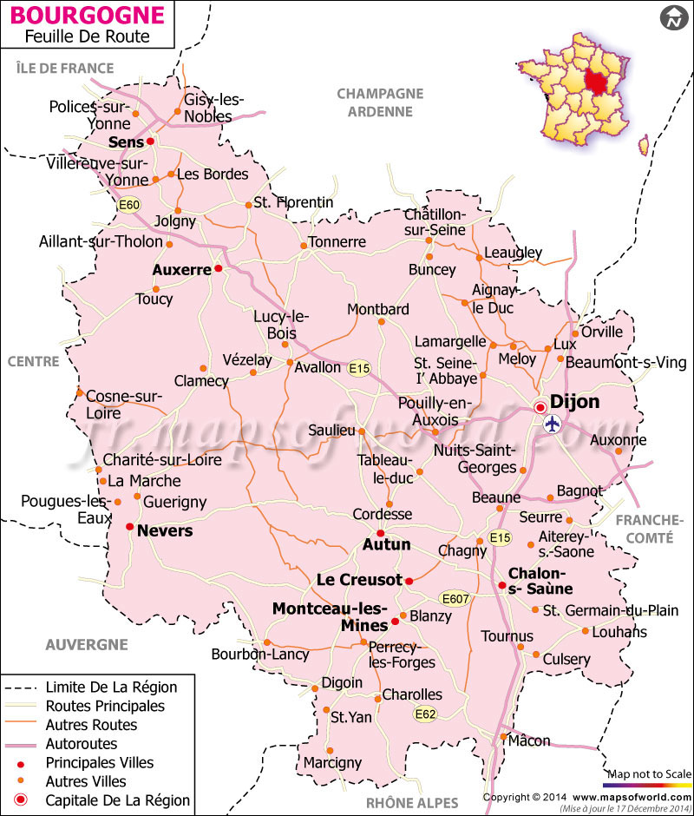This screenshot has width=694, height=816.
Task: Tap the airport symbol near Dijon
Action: pos(553,424)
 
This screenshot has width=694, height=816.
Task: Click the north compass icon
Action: pos(673,17)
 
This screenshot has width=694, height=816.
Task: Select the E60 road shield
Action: pos(129,205)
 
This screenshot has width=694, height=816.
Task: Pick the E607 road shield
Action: pos(455,598)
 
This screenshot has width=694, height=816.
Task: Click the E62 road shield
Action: pos(425,714)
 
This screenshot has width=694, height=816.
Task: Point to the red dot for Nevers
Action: pos(129,526)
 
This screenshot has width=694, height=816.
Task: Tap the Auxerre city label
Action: pos(181,270)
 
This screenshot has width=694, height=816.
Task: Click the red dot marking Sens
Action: pos(150,141)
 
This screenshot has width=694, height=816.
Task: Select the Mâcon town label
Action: pos(529,740)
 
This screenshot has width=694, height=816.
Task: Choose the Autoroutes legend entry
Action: pos(82,744)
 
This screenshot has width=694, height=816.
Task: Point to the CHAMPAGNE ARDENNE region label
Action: pos(380,102)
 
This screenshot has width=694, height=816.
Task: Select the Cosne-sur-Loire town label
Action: pos(124,404)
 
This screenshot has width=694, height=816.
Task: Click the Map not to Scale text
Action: pos(649,773)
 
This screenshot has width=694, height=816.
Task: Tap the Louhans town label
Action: pos(619,632)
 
